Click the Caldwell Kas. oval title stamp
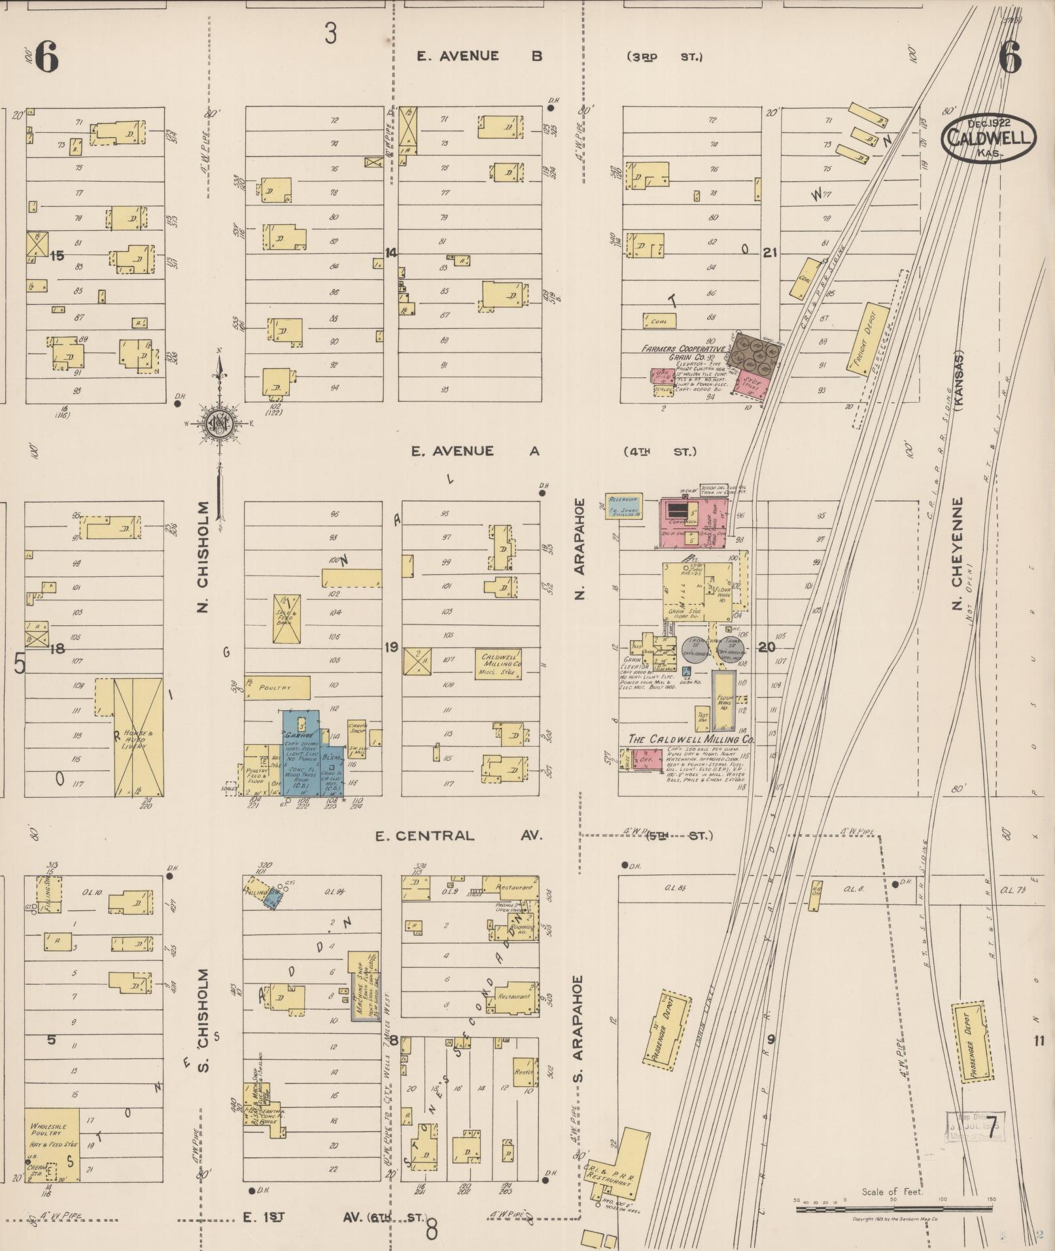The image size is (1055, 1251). (x=988, y=137)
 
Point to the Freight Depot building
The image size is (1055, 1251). (x=868, y=339)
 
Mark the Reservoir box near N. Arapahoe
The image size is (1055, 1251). (x=624, y=506)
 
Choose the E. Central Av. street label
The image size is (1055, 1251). (x=458, y=836)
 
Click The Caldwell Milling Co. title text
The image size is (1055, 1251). (x=690, y=739)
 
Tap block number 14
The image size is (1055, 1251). (x=391, y=252)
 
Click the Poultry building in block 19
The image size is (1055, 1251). (x=277, y=688)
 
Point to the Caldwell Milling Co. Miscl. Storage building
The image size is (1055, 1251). (x=500, y=665)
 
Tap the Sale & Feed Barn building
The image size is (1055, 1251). (x=286, y=618)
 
